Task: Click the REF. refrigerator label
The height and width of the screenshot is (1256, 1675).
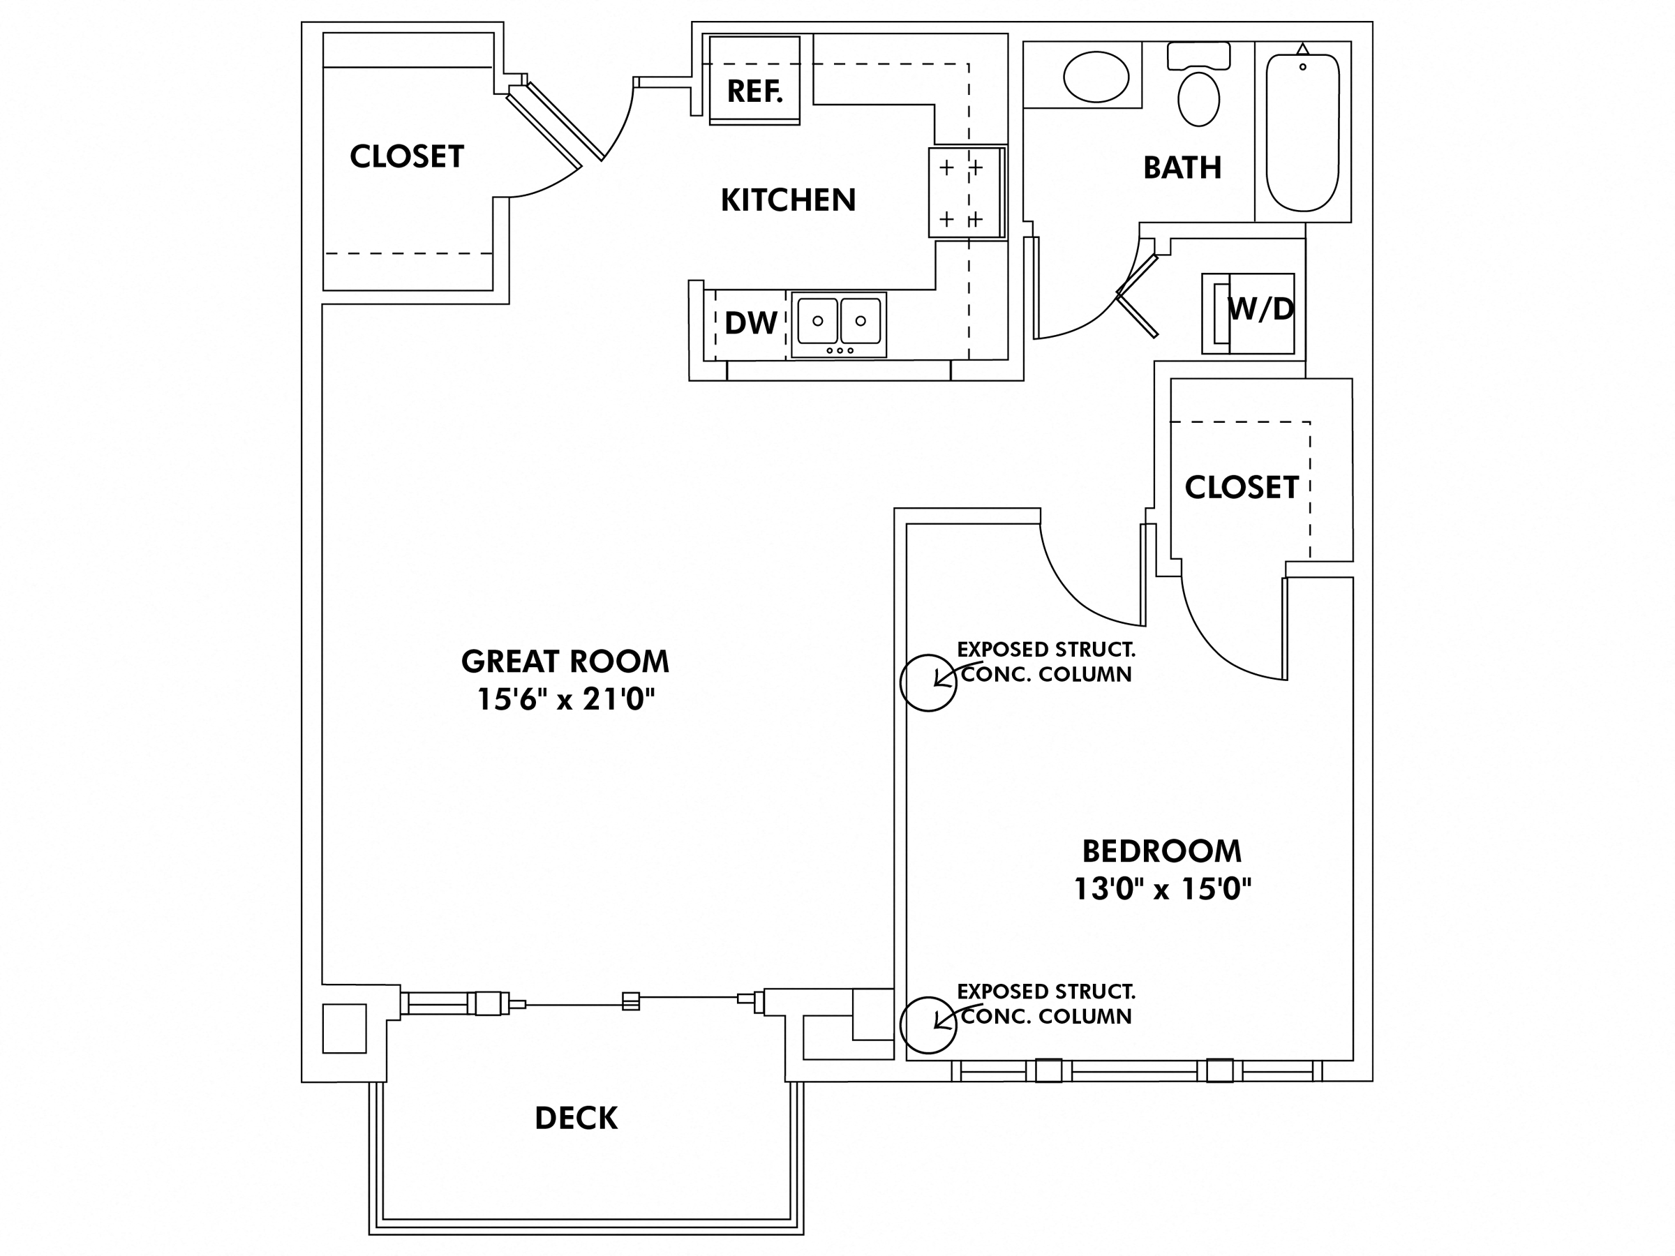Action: [754, 91]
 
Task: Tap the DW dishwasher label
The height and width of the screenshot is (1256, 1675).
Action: [750, 323]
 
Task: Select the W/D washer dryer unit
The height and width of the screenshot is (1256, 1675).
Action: [1248, 313]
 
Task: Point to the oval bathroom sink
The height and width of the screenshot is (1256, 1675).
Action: [1096, 77]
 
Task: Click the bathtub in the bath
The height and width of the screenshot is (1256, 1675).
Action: [1302, 133]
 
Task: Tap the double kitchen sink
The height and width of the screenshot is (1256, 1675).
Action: [839, 323]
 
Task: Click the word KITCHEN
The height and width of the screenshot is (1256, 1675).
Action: [787, 200]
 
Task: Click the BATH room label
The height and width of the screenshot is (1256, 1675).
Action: [1182, 167]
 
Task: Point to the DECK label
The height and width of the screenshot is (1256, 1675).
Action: [576, 1119]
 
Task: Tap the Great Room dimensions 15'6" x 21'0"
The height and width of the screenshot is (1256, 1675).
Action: [565, 698]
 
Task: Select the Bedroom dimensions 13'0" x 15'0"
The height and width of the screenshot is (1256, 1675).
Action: [1162, 888]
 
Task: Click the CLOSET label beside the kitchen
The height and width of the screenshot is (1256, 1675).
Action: [407, 157]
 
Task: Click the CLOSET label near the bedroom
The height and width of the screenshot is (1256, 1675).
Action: [1241, 488]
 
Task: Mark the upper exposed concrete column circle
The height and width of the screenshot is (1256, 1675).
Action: [928, 683]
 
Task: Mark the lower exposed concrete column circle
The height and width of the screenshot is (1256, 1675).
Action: [928, 1025]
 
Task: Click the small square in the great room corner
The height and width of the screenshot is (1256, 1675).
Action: [345, 1028]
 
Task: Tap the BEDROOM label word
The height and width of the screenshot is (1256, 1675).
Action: [1161, 851]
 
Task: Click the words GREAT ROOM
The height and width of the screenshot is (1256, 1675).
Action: [565, 661]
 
